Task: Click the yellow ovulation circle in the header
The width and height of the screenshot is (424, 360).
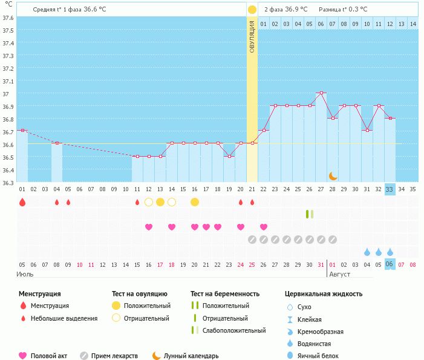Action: (252, 10)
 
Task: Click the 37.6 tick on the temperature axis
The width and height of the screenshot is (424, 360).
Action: (8, 18)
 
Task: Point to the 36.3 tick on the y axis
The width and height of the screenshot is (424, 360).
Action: (8, 182)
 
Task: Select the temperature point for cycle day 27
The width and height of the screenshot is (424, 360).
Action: (321, 93)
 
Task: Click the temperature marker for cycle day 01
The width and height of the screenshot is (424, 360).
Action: (22, 130)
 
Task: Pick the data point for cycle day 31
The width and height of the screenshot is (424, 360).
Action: (367, 130)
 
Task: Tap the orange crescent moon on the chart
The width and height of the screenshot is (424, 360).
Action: (333, 175)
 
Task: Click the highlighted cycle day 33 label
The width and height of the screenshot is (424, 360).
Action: (390, 189)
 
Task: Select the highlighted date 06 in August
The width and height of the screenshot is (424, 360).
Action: (390, 264)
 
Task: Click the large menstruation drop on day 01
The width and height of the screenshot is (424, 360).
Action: (22, 202)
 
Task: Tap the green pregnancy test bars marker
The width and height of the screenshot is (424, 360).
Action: (310, 214)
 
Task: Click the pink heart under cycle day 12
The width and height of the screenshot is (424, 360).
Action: (149, 227)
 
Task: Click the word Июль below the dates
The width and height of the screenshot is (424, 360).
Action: (25, 274)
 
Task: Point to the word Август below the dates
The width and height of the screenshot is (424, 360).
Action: (339, 274)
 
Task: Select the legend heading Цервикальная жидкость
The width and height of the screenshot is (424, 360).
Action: (324, 293)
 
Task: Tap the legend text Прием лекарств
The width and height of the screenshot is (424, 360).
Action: (114, 356)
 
